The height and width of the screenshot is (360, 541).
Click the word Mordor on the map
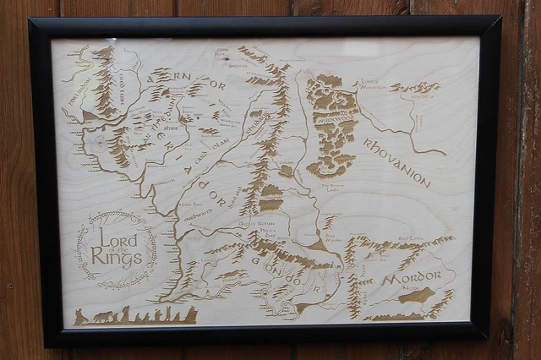pyautogui.click(x=412, y=281)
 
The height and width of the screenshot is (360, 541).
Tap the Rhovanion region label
pyautogui.click(x=397, y=162)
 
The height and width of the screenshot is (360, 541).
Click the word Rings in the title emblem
pyautogui.click(x=117, y=257)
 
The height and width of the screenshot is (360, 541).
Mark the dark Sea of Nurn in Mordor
pyautogui.click(x=416, y=296)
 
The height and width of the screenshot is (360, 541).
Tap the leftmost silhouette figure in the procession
pyautogui.click(x=80, y=316)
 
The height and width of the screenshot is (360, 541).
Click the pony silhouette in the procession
pyautogui.click(x=103, y=317)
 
